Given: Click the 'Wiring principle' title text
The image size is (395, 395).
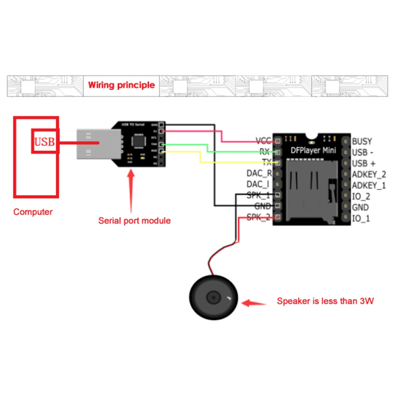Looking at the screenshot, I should (x=121, y=85).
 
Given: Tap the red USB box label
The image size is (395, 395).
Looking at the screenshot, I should (x=45, y=141).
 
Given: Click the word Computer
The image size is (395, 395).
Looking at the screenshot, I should (x=33, y=212).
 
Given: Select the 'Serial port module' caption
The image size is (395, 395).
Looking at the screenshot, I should (x=134, y=220).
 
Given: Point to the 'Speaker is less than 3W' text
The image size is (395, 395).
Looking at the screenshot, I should (x=325, y=301).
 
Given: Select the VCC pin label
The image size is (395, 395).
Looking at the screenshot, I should (x=263, y=141).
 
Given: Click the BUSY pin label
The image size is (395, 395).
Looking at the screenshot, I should (x=362, y=141).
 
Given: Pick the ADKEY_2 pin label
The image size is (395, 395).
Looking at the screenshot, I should (x=369, y=174).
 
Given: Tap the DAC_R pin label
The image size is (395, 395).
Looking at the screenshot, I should (x=259, y=173).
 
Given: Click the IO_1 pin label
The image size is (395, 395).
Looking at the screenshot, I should (x=361, y=218).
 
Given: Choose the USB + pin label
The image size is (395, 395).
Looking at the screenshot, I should (x=364, y=163).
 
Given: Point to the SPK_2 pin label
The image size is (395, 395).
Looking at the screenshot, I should (x=258, y=217).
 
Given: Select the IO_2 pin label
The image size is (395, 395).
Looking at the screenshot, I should (x=361, y=196).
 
